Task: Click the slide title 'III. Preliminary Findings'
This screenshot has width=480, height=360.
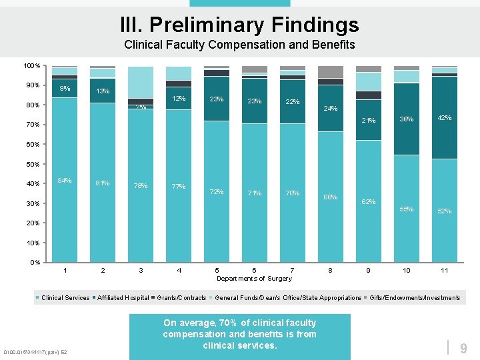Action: pyautogui.click(x=239, y=25)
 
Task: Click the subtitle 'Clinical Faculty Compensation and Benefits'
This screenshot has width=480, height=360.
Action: pyautogui.click(x=239, y=45)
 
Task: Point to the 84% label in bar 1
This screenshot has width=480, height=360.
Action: pyautogui.click(x=65, y=180)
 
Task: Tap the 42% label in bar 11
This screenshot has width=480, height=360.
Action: pyautogui.click(x=445, y=118)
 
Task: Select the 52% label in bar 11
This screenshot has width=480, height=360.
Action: pyautogui.click(x=445, y=211)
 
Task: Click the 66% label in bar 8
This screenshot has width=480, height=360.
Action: pyautogui.click(x=330, y=197)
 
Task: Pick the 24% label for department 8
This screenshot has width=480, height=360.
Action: pyautogui.click(x=330, y=108)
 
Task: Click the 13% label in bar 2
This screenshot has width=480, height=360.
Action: pyautogui.click(x=103, y=91)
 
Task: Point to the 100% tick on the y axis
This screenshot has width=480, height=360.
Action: pyautogui.click(x=32, y=66)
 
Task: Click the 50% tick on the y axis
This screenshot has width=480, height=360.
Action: pyautogui.click(x=33, y=164)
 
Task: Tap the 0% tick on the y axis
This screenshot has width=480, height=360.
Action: pyautogui.click(x=35, y=262)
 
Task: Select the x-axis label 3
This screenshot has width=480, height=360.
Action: pyautogui.click(x=141, y=270)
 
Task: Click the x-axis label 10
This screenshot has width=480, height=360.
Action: pyautogui.click(x=406, y=270)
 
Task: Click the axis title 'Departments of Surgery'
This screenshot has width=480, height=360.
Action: pyautogui.click(x=254, y=279)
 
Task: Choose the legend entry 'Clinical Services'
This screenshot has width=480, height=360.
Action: pyautogui.click(x=65, y=298)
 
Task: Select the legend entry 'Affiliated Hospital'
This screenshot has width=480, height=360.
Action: pyautogui.click(x=123, y=298)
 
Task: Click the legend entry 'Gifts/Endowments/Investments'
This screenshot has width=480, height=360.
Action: pyautogui.click(x=414, y=298)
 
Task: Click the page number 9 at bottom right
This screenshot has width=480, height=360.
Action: pyautogui.click(x=463, y=347)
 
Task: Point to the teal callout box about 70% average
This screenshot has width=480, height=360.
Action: pyautogui.click(x=239, y=335)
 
